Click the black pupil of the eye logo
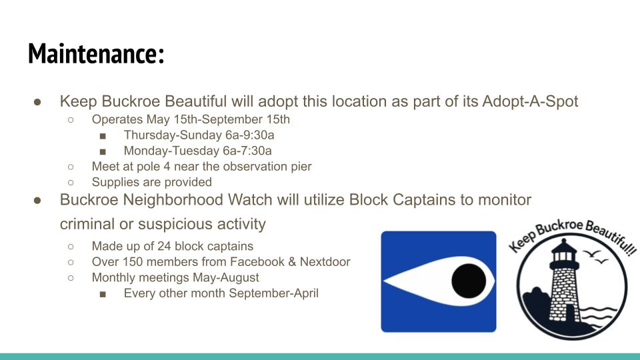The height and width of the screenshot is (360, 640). tap(469, 281)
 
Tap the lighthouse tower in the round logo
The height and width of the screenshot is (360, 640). tap(564, 281)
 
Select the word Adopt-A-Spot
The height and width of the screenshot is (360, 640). tap(530, 101)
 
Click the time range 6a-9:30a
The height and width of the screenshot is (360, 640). tap(250, 135)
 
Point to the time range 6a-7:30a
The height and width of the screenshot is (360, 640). tap(247, 151)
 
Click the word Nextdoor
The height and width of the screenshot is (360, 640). tap(325, 261)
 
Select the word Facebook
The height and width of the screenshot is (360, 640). tap(257, 261)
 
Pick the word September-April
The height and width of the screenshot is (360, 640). tap(273, 293)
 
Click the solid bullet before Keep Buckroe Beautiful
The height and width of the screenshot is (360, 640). tap(37, 102)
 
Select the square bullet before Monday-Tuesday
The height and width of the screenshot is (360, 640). tap(103, 152)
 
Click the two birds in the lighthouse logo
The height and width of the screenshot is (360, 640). tap(595, 256)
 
